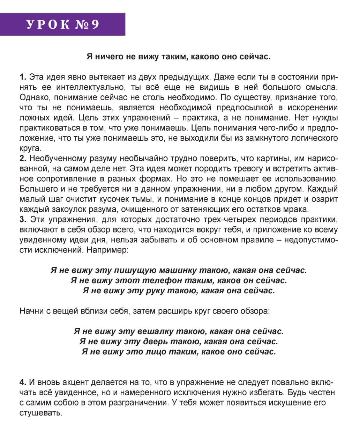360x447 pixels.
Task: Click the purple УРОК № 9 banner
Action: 63,24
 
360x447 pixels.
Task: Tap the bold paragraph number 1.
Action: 23,77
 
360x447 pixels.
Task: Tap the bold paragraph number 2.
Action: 23,159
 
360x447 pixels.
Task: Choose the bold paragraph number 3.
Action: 23,220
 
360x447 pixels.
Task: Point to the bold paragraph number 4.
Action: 23,382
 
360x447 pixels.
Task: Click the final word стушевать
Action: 40,413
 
